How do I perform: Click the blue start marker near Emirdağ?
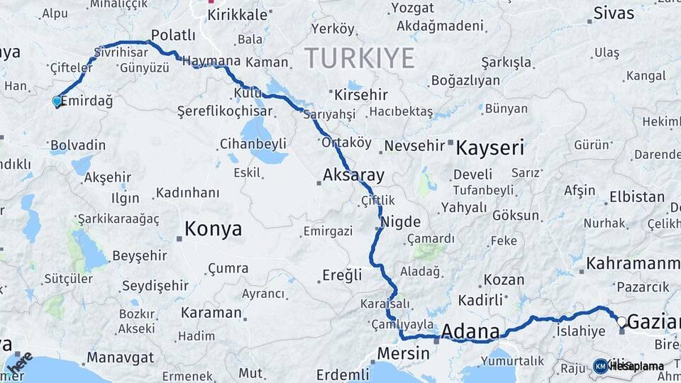click(x=57, y=101)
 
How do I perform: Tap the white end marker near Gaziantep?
click(x=621, y=321)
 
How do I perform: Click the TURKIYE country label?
click(x=359, y=57)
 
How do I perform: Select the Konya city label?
click(x=213, y=229)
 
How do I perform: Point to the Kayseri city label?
click(x=489, y=148)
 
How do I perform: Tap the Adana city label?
click(x=470, y=331)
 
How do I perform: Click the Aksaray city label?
click(x=353, y=175)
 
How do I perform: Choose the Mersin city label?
click(x=403, y=353)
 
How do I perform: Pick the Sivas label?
click(x=614, y=12)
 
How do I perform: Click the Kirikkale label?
click(x=238, y=14)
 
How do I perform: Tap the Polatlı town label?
click(x=173, y=35)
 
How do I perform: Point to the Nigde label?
click(x=401, y=221)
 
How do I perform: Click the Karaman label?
click(x=211, y=312)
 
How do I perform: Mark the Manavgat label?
click(x=117, y=358)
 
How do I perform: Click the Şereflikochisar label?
click(x=224, y=111)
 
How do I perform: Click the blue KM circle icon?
click(x=600, y=366)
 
